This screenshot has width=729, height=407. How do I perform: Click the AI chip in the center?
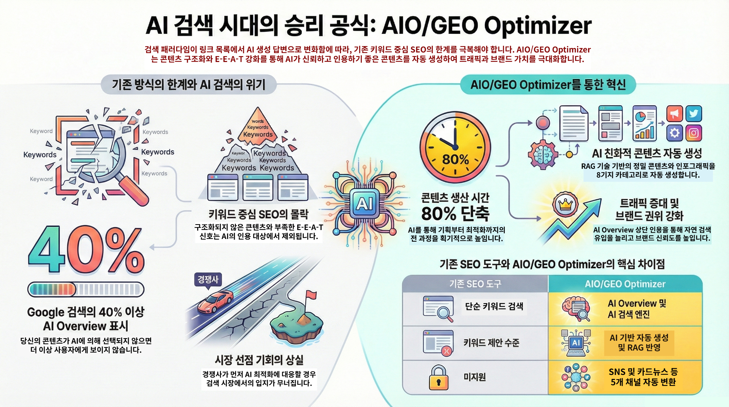pos(365,203)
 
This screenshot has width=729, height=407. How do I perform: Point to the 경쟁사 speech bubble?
pos(208,280)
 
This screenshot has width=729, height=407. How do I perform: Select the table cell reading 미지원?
pos(475,377)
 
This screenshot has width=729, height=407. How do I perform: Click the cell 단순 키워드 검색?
pos(494,306)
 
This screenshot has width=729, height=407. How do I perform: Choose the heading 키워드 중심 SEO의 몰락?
pos(258,214)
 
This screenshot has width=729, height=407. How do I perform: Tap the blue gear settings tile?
pos(675,133)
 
